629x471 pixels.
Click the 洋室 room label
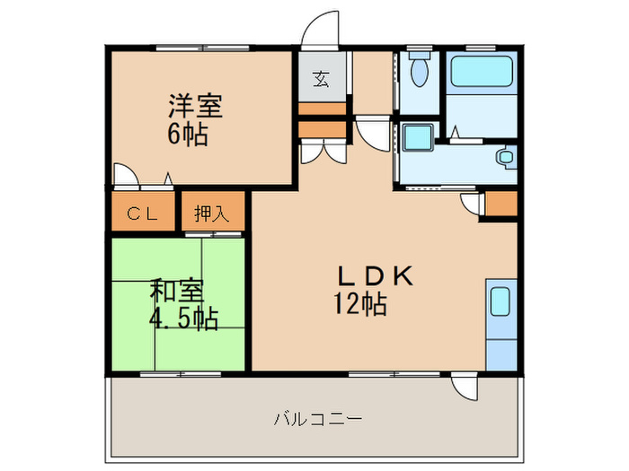click(194, 105)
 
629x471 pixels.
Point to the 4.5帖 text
click(184, 318)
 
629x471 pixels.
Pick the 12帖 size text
click(361, 305)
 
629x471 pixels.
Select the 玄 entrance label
click(322, 79)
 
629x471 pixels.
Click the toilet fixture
click(419, 67)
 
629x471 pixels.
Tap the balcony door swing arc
click(465, 388)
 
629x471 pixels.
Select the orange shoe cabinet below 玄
click(322, 109)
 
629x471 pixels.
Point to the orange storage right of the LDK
click(500, 205)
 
